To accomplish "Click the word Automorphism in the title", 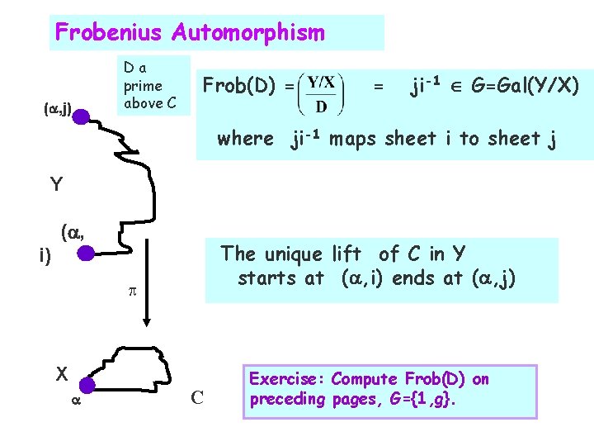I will pos(248,33).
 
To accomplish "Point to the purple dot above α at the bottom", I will pos(88,384).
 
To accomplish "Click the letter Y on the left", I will pos(56,184).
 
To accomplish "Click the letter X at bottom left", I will pos(61,372).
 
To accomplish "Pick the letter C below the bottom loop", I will pos(198,398).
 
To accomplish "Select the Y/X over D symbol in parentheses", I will pos(322,96).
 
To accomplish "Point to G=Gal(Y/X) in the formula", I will pos(525,86).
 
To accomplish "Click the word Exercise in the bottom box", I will pos(285,380).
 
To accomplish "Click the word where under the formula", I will pos(244,139).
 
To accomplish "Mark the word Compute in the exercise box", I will pos(365,380).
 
